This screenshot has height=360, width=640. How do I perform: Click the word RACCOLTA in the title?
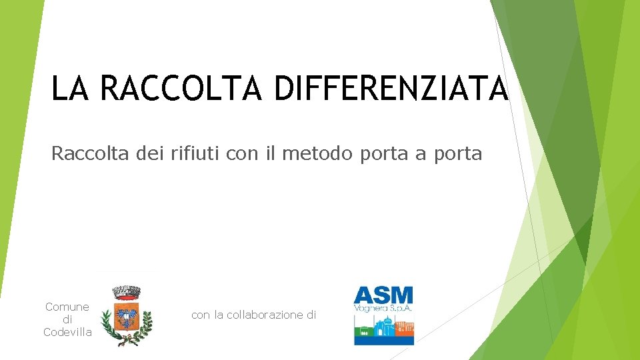point(182,89)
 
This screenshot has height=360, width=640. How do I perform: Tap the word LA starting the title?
point(69,89)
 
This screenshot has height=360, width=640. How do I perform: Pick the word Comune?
point(67,307)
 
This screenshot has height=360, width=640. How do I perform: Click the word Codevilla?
point(67,332)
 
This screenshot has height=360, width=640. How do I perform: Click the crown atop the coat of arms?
point(125,291)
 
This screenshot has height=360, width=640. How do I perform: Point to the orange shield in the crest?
point(125,315)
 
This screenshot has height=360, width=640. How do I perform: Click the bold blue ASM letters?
point(383,295)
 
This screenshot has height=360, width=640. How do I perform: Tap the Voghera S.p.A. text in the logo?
point(383,308)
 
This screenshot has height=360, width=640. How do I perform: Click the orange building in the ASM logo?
point(405,328)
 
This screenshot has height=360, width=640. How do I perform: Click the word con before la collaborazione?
point(200,315)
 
